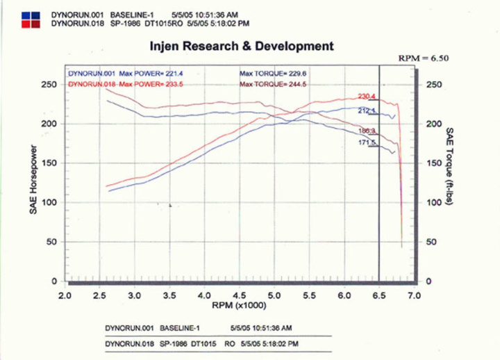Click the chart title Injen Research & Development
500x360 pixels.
[242, 47]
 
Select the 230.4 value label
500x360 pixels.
[367, 97]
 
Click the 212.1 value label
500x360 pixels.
[367, 111]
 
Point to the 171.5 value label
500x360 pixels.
[367, 142]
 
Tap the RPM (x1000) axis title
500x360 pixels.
[240, 305]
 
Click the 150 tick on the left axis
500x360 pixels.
[49, 163]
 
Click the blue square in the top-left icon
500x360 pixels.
[24, 15]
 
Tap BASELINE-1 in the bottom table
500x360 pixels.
[180, 326]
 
